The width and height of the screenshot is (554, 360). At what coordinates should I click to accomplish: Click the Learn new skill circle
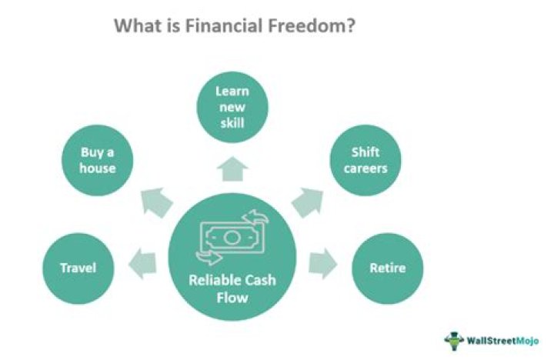pos(232,108)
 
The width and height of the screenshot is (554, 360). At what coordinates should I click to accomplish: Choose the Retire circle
pos(388,268)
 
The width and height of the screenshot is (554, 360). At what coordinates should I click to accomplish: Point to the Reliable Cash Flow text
pos(232,288)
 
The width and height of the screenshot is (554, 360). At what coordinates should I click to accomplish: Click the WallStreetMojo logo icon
pos(453,339)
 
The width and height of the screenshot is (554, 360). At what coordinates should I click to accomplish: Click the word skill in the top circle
pos(232,124)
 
